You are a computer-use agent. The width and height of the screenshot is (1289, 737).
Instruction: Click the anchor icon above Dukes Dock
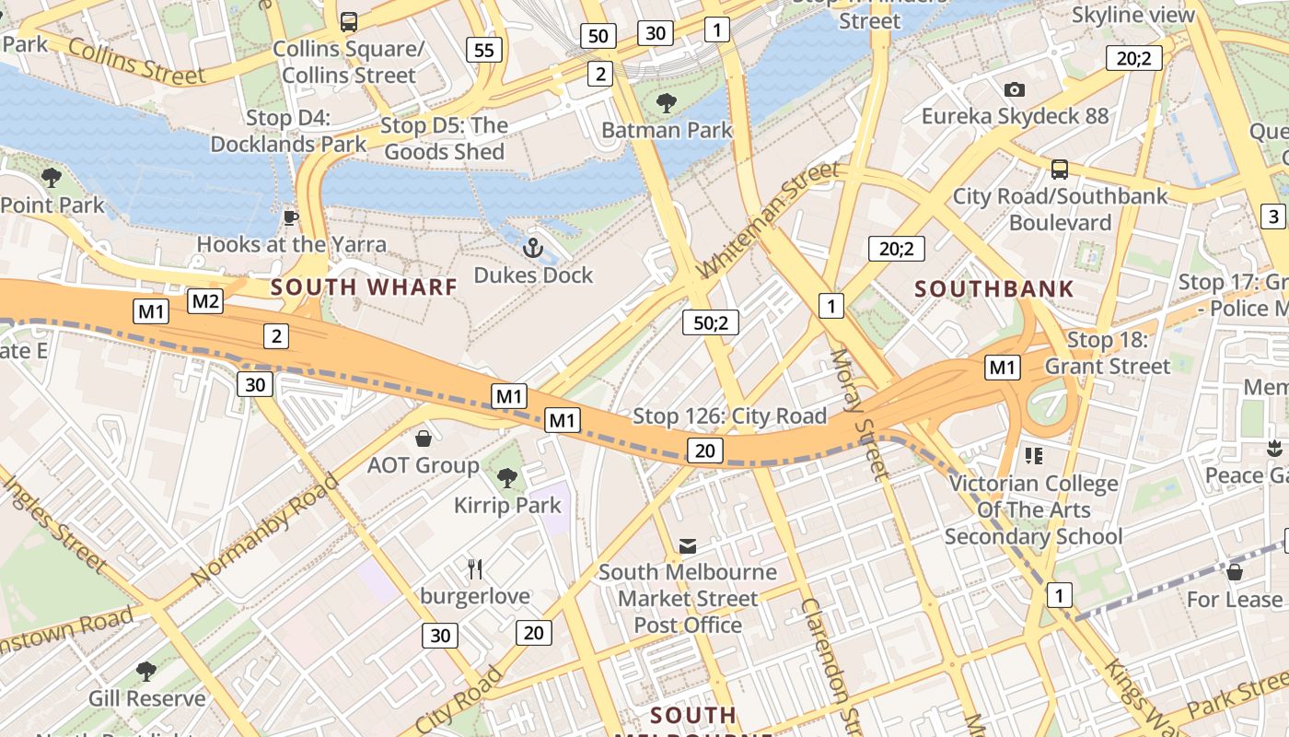click(532, 248)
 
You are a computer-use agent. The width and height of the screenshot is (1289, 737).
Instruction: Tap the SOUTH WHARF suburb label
click(364, 287)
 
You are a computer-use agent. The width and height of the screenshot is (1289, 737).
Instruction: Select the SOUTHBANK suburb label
click(994, 289)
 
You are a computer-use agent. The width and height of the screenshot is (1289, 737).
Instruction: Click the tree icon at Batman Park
click(666, 102)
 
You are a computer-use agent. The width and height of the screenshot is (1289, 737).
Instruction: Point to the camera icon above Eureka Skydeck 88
click(1014, 89)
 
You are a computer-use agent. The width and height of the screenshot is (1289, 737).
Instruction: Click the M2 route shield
click(205, 300)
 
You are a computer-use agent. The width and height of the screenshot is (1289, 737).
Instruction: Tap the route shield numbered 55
click(484, 50)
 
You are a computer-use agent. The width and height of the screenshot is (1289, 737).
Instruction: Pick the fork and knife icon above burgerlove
click(475, 569)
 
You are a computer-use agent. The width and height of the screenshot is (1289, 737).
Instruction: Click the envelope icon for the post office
click(688, 545)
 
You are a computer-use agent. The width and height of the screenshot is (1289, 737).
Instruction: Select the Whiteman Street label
click(770, 218)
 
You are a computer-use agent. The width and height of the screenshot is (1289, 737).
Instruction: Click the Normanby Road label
click(265, 530)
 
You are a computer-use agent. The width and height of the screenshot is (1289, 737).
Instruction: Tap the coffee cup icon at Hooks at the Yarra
click(291, 218)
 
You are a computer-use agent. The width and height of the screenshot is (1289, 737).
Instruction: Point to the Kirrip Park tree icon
click(506, 477)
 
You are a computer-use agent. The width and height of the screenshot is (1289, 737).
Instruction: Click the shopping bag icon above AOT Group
click(424, 439)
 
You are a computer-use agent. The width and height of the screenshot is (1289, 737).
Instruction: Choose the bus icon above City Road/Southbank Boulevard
click(1060, 170)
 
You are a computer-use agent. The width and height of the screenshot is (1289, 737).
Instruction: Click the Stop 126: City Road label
click(729, 416)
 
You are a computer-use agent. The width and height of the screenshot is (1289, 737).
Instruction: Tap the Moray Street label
click(861, 415)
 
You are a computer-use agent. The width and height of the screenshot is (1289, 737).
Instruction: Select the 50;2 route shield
click(711, 322)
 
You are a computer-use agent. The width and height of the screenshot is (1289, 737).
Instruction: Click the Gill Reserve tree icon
click(145, 671)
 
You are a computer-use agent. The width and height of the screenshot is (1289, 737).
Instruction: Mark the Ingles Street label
click(55, 521)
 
